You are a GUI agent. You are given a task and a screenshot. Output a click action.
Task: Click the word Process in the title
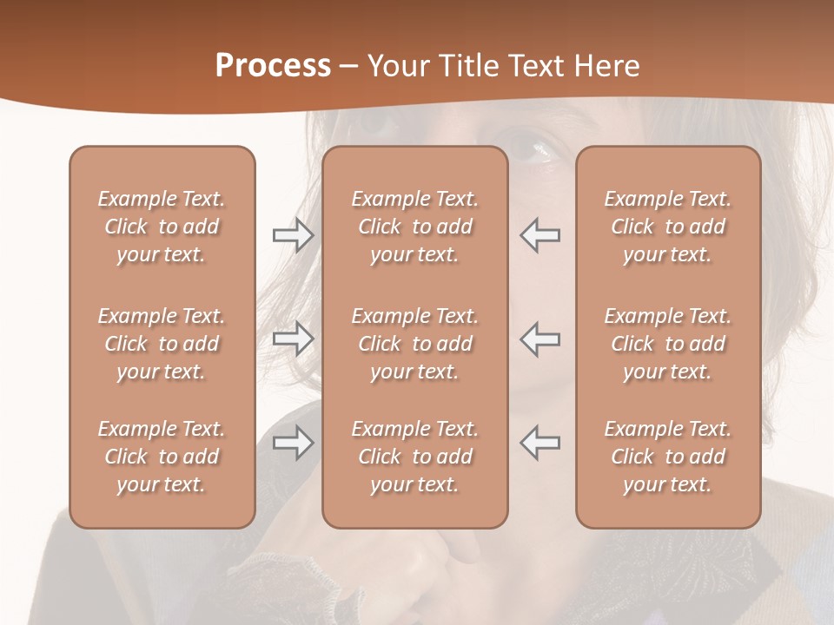click(x=273, y=66)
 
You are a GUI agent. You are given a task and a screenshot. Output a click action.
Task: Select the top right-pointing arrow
click(x=293, y=235)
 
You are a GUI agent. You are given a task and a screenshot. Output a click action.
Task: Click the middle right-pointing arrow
click(x=293, y=339)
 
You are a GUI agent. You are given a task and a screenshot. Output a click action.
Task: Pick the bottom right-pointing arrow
click(x=293, y=443)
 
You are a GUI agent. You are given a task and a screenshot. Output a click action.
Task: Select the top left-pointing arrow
click(x=540, y=235)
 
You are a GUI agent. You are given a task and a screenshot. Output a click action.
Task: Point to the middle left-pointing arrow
click(x=540, y=339)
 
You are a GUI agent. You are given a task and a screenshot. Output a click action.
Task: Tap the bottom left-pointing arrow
click(x=540, y=443)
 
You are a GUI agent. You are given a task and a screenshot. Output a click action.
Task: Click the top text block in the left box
click(x=162, y=227)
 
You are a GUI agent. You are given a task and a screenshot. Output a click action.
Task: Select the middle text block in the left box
click(x=162, y=344)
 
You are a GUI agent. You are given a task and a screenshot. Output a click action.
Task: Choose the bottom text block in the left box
click(x=162, y=457)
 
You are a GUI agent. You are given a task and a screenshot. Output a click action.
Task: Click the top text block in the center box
click(x=414, y=227)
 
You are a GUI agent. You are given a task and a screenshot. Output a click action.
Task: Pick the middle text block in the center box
click(x=414, y=344)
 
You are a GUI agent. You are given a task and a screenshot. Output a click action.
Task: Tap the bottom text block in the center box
click(x=414, y=457)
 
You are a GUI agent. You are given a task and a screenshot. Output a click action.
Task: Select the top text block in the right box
click(x=667, y=227)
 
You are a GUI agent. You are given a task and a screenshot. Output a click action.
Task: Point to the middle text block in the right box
click(x=667, y=344)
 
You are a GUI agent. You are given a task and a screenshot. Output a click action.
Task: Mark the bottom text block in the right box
click(x=667, y=457)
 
